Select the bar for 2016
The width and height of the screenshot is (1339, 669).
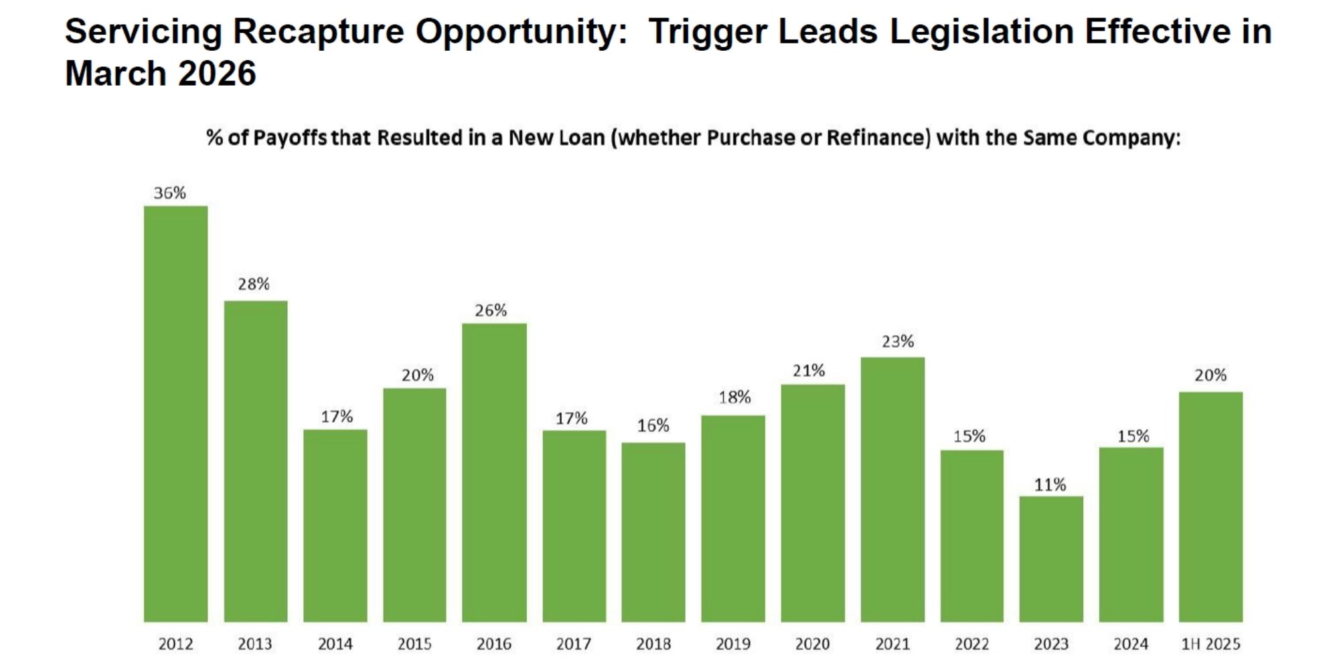pyautogui.click(x=494, y=472)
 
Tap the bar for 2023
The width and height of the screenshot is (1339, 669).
pyautogui.click(x=1051, y=559)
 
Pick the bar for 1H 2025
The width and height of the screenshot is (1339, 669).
pyautogui.click(x=1210, y=506)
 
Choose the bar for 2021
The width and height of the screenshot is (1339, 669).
pyautogui.click(x=892, y=489)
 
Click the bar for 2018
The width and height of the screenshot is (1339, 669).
pyautogui.click(x=653, y=532)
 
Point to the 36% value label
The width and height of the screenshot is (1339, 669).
pyautogui.click(x=169, y=193)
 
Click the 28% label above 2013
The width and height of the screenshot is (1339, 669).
pyautogui.click(x=254, y=284)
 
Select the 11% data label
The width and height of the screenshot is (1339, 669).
pyautogui.click(x=1050, y=485)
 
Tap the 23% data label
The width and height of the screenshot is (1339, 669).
pyautogui.click(x=898, y=342)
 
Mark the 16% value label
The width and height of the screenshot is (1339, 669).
pyautogui.click(x=653, y=425)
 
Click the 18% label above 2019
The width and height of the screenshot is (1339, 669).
pyautogui.click(x=734, y=397)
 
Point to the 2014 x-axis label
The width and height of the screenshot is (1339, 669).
pyautogui.click(x=335, y=644)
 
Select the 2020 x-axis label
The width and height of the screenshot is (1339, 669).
pyautogui.click(x=812, y=644)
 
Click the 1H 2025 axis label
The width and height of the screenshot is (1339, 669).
pyautogui.click(x=1210, y=644)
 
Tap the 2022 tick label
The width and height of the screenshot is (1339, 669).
pyautogui.click(x=971, y=644)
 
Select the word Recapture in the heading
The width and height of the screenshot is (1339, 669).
pyautogui.click(x=319, y=31)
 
